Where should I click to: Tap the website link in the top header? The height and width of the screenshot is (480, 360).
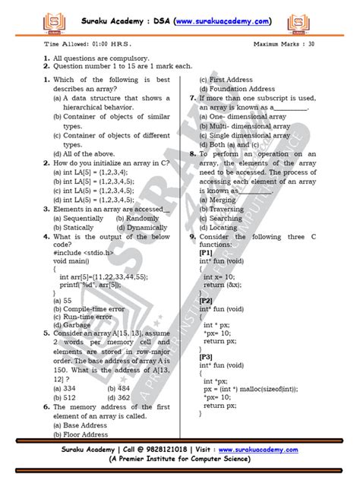click(225, 16)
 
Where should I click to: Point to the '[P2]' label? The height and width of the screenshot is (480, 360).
click(207, 300)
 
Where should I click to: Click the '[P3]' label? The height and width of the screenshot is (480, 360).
click(207, 355)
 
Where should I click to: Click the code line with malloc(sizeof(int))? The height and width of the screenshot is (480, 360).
click(261, 387)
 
